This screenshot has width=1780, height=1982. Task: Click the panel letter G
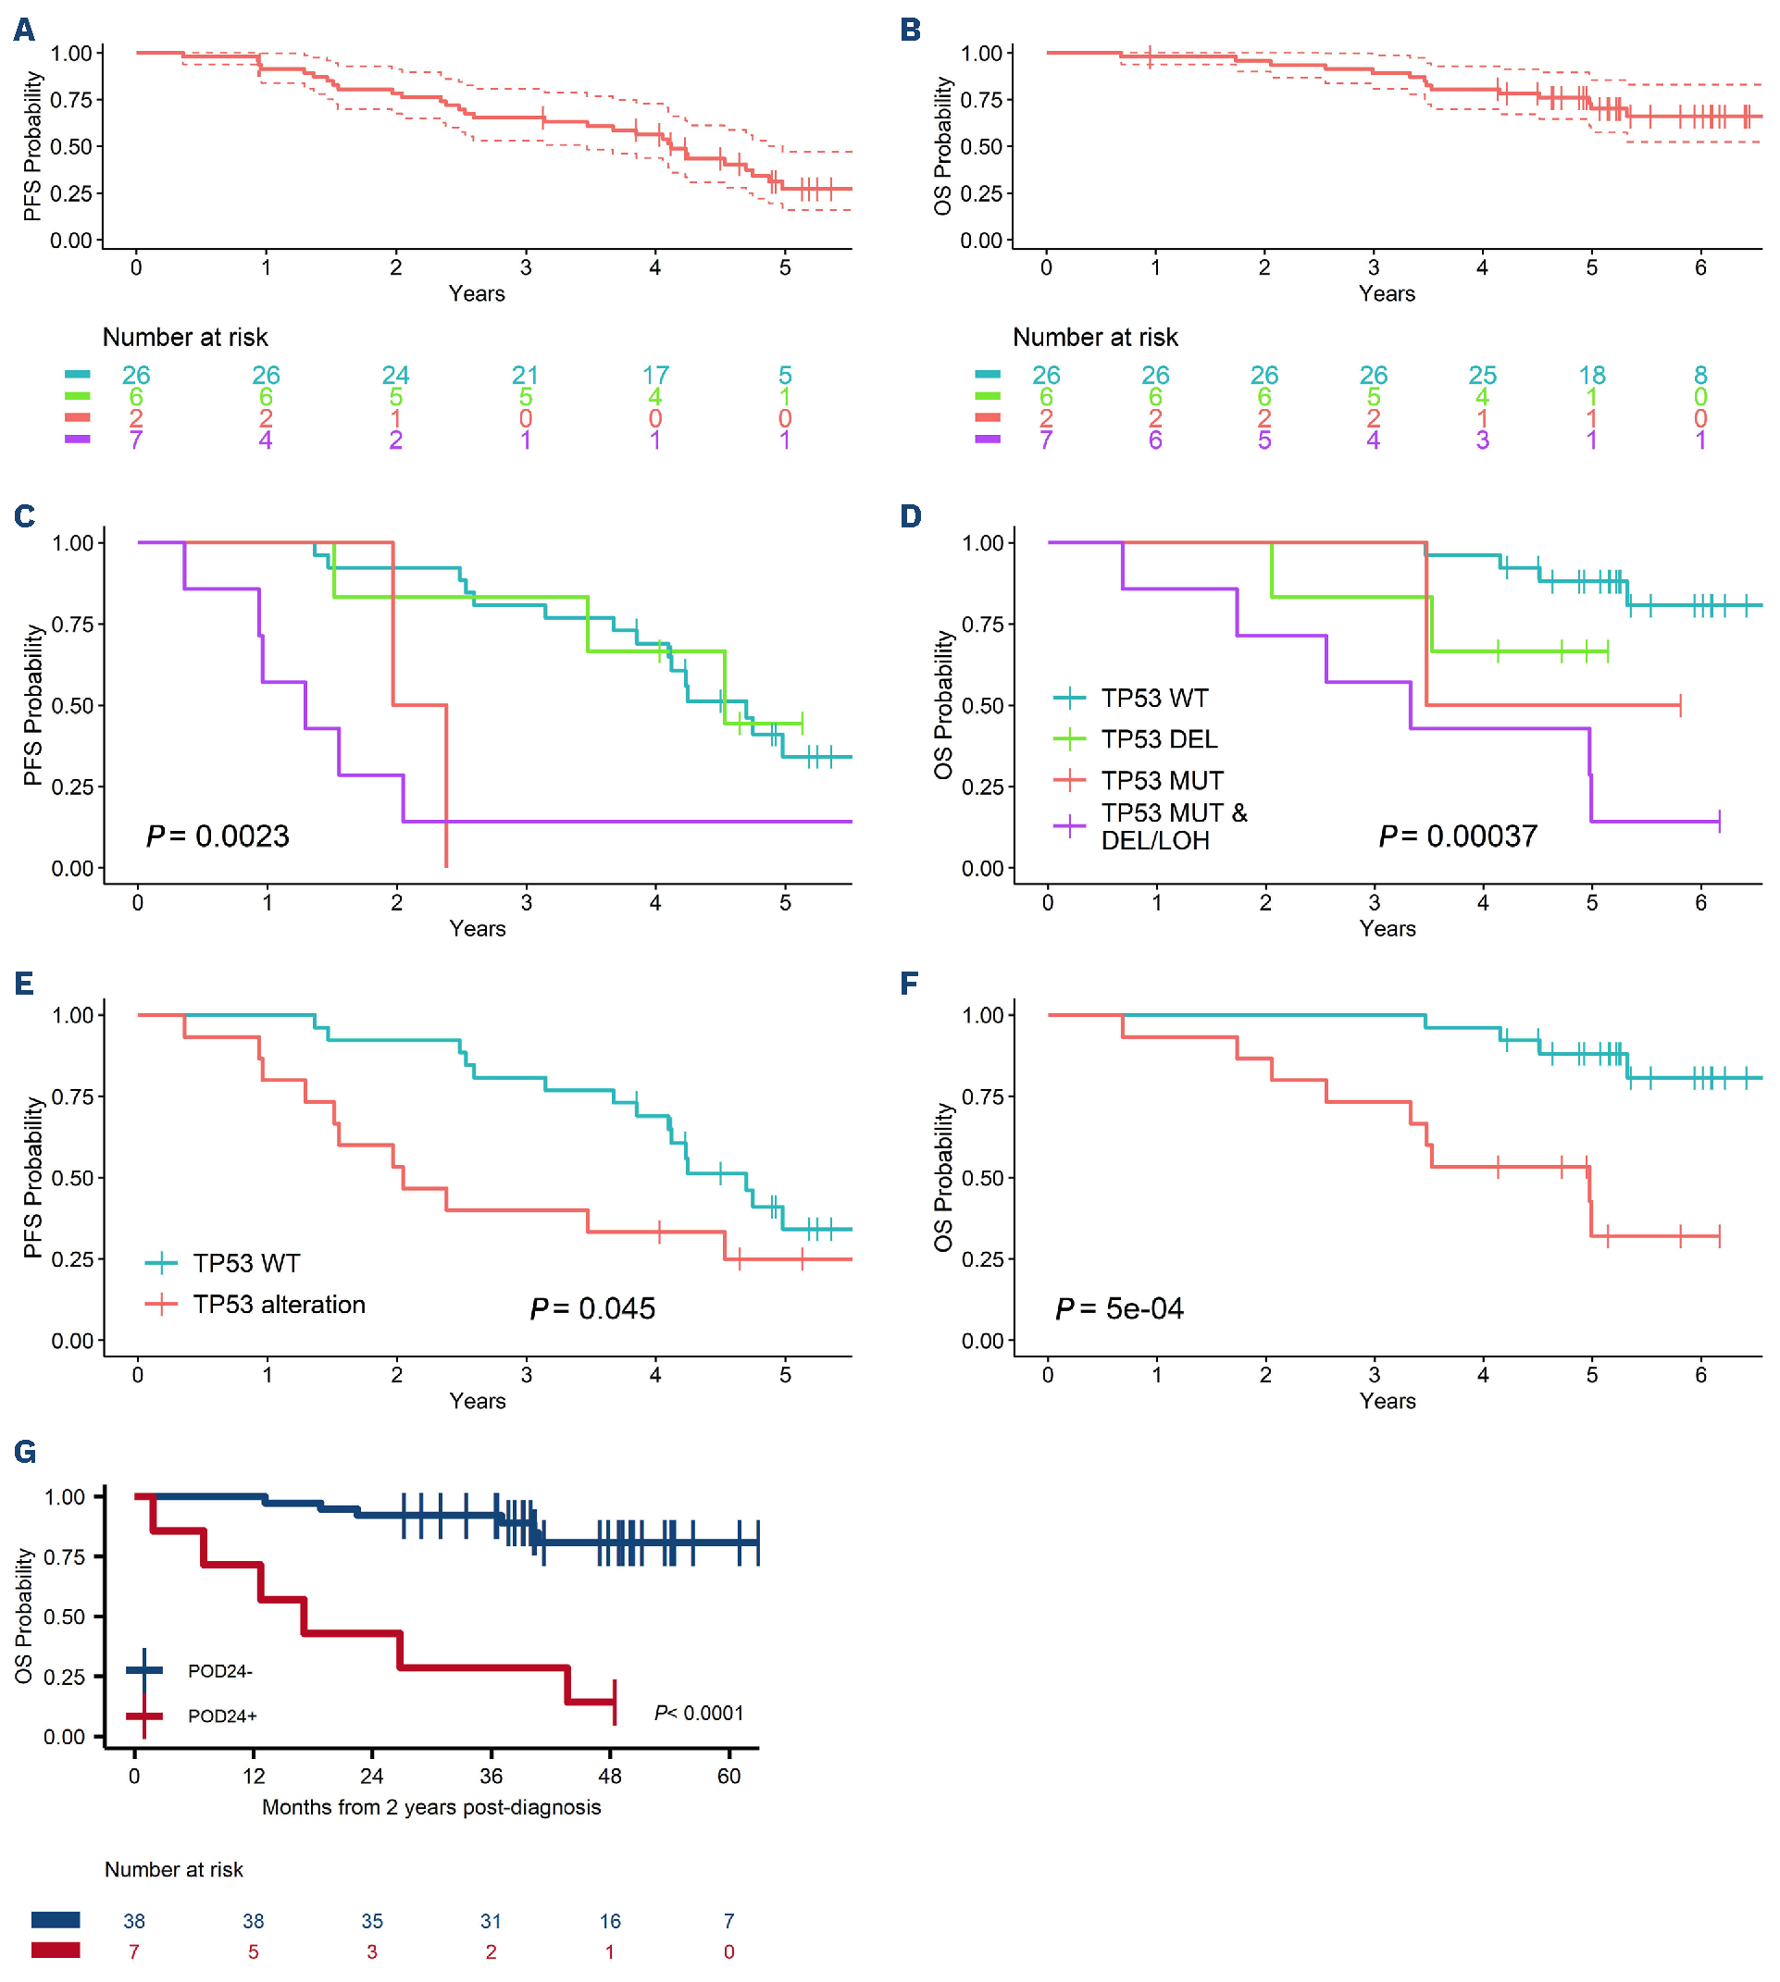tap(24, 1451)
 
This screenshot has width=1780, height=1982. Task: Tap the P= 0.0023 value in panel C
tap(218, 836)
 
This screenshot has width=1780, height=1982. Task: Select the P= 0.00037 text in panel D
tap(1457, 836)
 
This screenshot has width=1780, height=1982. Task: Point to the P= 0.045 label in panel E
tap(591, 1308)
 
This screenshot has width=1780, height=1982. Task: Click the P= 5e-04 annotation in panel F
tap(1119, 1308)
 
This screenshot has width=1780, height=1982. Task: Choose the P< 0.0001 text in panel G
tap(698, 1713)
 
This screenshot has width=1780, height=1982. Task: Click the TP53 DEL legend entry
tap(1159, 739)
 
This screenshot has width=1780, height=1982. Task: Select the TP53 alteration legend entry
tap(279, 1305)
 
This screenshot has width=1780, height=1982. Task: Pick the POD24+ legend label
tap(222, 1716)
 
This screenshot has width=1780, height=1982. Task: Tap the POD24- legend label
tap(220, 1671)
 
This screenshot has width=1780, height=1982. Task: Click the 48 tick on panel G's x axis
tap(609, 1777)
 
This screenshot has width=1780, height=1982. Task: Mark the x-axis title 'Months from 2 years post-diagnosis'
tap(431, 1807)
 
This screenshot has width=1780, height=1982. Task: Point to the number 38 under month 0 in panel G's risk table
tap(134, 1921)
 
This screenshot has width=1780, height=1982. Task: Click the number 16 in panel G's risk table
tap(609, 1921)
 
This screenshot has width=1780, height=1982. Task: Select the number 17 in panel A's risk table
tap(654, 376)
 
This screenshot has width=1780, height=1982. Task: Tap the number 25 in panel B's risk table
tap(1482, 376)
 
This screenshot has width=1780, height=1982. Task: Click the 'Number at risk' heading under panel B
tap(1094, 338)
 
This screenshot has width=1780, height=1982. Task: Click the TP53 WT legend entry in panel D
tap(1154, 699)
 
